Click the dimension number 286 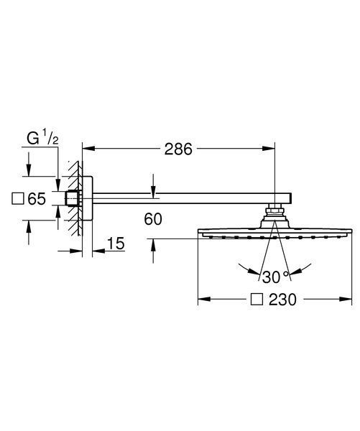click(178, 149)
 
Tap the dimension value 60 click(153, 219)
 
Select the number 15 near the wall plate click(116, 244)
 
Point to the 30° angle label click(275, 277)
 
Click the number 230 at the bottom click(282, 300)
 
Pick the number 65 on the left click(37, 198)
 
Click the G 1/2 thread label click(42, 139)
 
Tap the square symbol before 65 click(17, 198)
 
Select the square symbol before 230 click(257, 300)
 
